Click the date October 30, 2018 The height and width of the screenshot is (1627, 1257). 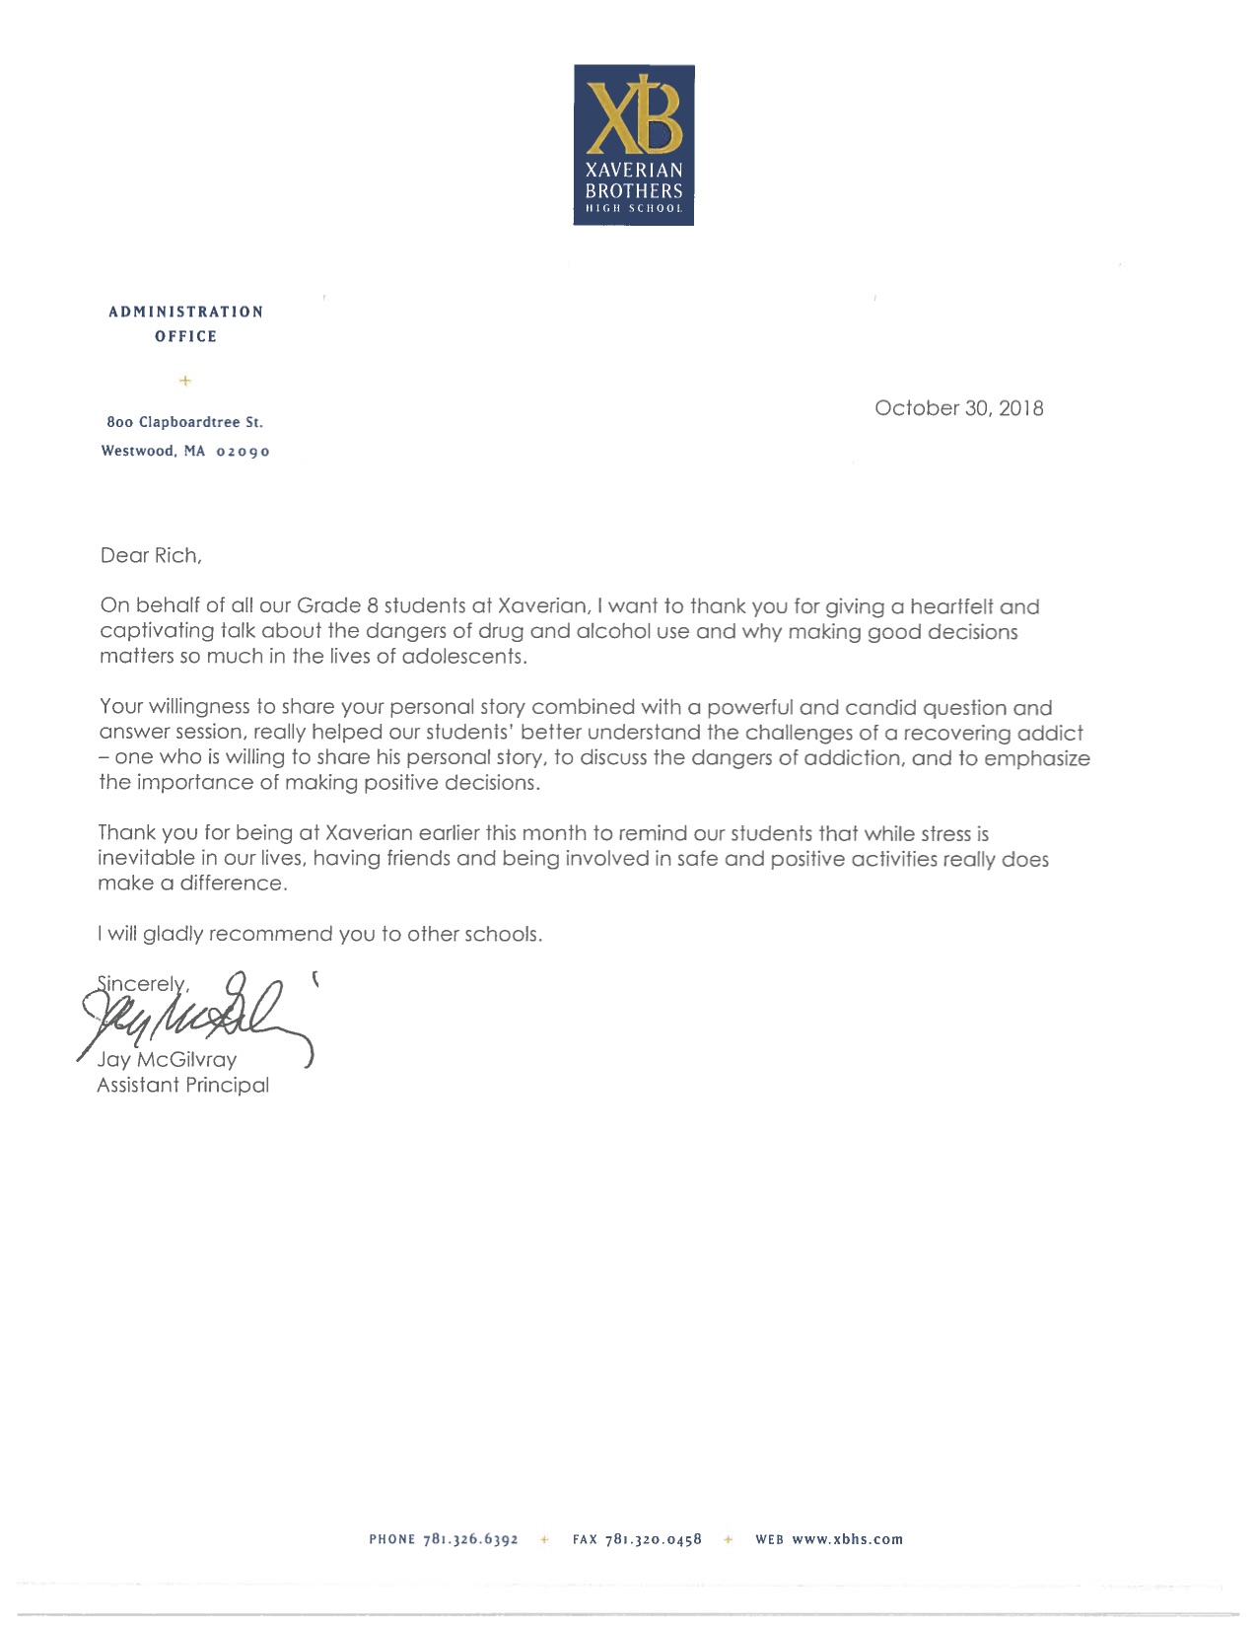(x=958, y=408)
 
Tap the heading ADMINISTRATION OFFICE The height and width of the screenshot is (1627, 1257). (x=185, y=323)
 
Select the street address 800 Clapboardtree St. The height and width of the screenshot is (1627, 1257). (x=185, y=422)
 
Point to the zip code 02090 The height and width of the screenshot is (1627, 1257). (x=243, y=452)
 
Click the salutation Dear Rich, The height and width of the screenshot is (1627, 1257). (x=151, y=555)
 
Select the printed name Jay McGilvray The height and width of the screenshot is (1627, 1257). (x=167, y=1060)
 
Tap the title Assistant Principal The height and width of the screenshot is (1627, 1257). (x=182, y=1086)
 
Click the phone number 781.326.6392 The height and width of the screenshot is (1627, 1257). (x=470, y=1539)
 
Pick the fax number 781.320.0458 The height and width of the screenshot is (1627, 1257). (x=653, y=1539)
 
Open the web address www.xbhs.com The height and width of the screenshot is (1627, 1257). (x=847, y=1539)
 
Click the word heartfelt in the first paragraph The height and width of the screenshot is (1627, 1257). (x=951, y=606)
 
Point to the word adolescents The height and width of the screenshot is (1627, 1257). (x=463, y=657)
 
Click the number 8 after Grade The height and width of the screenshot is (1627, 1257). (x=373, y=606)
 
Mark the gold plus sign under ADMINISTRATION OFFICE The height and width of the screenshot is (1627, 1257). (x=185, y=380)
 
